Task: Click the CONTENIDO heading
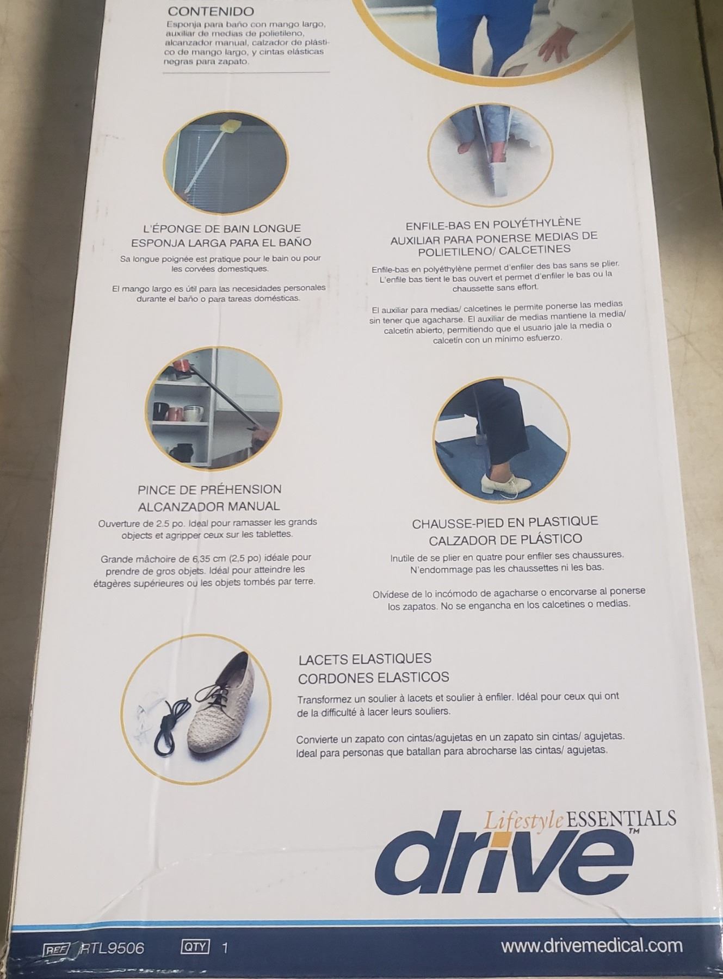pyautogui.click(x=211, y=11)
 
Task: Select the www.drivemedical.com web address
pyautogui.click(x=591, y=946)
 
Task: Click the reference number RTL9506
pyautogui.click(x=112, y=949)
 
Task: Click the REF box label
pyautogui.click(x=57, y=949)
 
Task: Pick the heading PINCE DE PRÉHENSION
pyautogui.click(x=209, y=489)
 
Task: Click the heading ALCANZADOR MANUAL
pyautogui.click(x=209, y=506)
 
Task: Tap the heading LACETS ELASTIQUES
pyautogui.click(x=365, y=659)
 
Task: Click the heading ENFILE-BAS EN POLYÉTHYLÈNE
pyautogui.click(x=493, y=224)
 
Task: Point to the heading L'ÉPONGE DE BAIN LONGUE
pyautogui.click(x=218, y=228)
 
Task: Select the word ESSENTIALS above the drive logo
pyautogui.click(x=621, y=818)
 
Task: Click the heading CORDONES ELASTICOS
pyautogui.click(x=374, y=678)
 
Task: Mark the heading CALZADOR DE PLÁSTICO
pyautogui.click(x=505, y=540)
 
